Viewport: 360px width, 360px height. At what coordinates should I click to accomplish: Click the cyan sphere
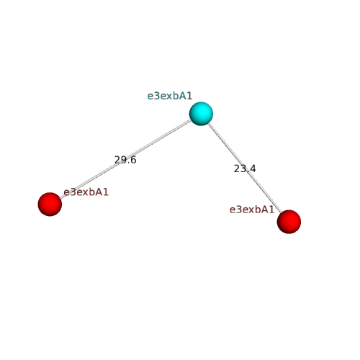point(201,114)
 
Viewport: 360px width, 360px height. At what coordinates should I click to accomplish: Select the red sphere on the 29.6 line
point(50,204)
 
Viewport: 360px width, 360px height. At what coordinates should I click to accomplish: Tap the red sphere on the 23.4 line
point(289,222)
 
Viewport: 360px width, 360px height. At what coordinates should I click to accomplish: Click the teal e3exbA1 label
point(170,96)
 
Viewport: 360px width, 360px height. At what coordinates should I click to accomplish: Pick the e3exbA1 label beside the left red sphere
point(86,192)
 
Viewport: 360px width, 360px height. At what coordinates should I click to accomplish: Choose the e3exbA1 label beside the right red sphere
point(252,210)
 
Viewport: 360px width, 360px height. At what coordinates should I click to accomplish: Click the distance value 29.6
point(125,160)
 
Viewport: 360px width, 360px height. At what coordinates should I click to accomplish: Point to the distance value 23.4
point(245,168)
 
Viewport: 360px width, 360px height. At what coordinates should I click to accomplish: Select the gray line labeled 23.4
point(245,168)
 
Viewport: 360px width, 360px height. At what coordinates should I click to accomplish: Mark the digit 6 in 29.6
point(133,160)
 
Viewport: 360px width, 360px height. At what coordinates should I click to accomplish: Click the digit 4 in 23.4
point(253,168)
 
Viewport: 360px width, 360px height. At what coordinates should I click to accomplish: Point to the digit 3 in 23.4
point(243,168)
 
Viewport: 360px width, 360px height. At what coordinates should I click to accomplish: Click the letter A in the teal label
point(183,96)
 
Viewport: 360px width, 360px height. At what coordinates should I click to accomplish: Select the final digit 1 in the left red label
point(106,192)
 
